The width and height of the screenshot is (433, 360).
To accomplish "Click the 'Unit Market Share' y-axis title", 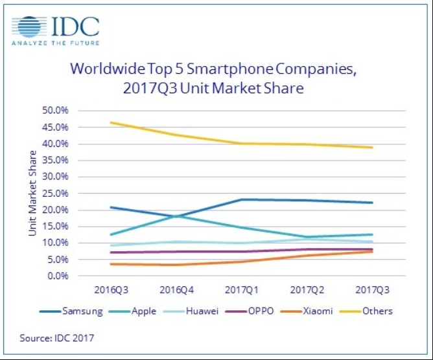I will (x=32, y=193).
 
